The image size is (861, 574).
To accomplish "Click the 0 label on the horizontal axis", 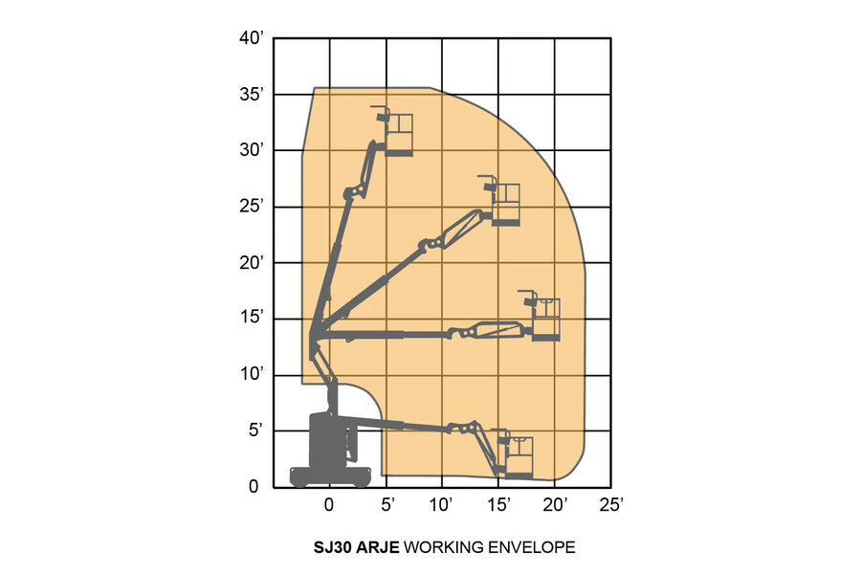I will [329, 503].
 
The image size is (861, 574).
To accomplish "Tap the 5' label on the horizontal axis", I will [387, 503].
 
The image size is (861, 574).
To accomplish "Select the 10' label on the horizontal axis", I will [442, 503].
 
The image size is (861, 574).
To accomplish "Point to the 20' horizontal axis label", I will [555, 503].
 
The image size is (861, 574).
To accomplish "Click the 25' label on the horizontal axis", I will [611, 503].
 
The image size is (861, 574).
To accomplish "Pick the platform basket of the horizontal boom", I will [544, 320].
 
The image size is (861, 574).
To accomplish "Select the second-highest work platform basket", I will [504, 204].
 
